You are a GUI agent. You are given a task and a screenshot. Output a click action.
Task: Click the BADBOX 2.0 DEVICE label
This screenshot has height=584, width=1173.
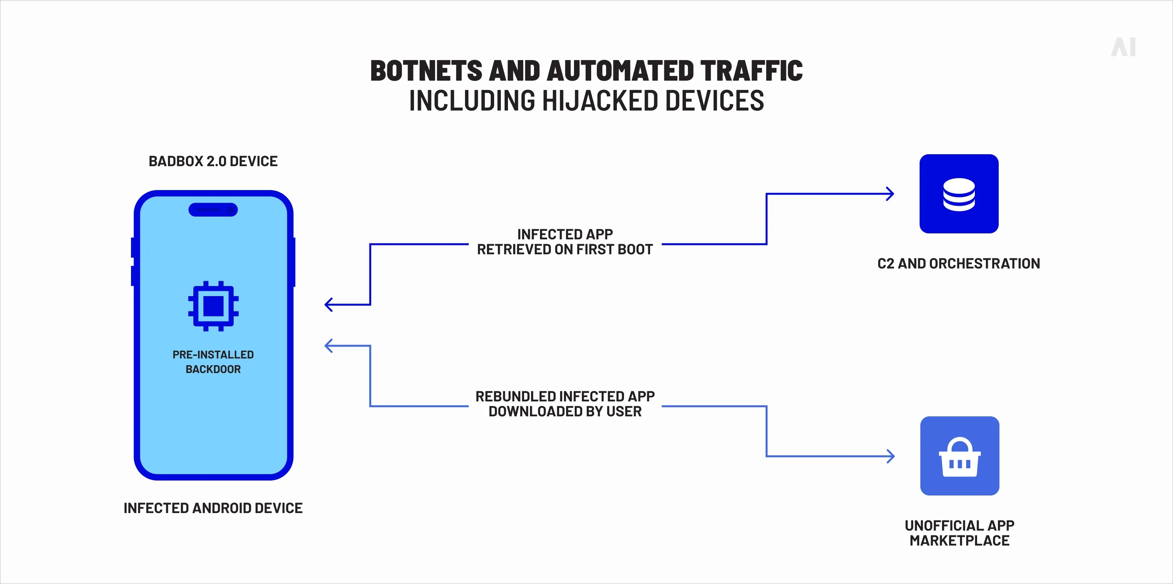pos(213,161)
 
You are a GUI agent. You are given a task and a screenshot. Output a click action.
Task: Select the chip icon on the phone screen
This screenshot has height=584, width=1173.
pos(213,306)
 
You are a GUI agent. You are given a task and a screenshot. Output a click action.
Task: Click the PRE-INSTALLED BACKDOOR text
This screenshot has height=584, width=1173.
pos(213,362)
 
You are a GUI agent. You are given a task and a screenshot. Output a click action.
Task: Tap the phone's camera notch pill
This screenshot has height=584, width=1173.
pos(213,209)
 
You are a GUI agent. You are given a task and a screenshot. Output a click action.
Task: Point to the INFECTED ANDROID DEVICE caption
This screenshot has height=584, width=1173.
pos(213,508)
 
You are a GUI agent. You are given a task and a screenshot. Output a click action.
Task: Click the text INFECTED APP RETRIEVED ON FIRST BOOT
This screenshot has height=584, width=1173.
pos(565,242)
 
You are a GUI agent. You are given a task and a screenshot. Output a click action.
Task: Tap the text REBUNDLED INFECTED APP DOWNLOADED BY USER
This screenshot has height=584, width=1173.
pos(565,404)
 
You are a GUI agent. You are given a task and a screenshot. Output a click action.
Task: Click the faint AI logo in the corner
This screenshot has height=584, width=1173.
pos(1124,47)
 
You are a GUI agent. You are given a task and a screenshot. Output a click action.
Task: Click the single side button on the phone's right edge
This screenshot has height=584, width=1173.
pos(294,262)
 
